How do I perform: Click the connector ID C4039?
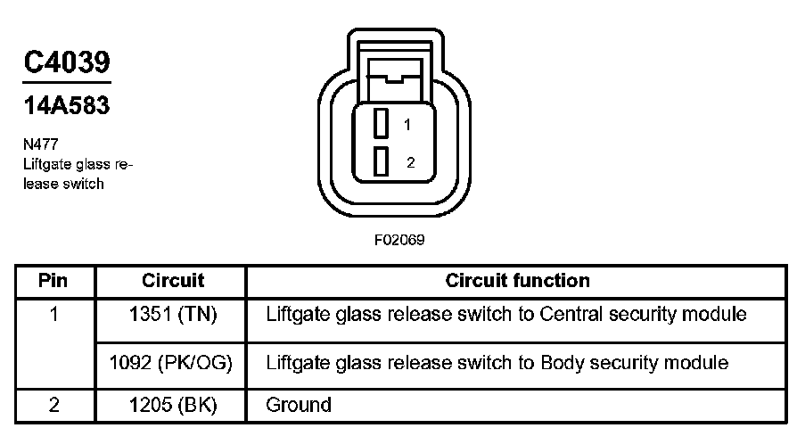(x=67, y=62)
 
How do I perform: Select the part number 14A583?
(x=67, y=105)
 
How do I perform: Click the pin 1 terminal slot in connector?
(x=381, y=123)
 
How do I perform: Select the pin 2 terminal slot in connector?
(x=381, y=161)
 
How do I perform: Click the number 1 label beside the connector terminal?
(x=407, y=125)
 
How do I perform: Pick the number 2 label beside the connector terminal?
(x=409, y=162)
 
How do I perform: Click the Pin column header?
(x=54, y=281)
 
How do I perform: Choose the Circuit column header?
(x=173, y=281)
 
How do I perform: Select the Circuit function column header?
(x=517, y=281)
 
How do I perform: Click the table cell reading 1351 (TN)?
(x=173, y=315)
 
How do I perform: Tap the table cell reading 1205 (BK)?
(x=173, y=405)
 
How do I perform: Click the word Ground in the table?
(x=299, y=405)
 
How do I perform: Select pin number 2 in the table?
(x=54, y=405)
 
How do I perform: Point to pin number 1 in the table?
(x=54, y=315)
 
